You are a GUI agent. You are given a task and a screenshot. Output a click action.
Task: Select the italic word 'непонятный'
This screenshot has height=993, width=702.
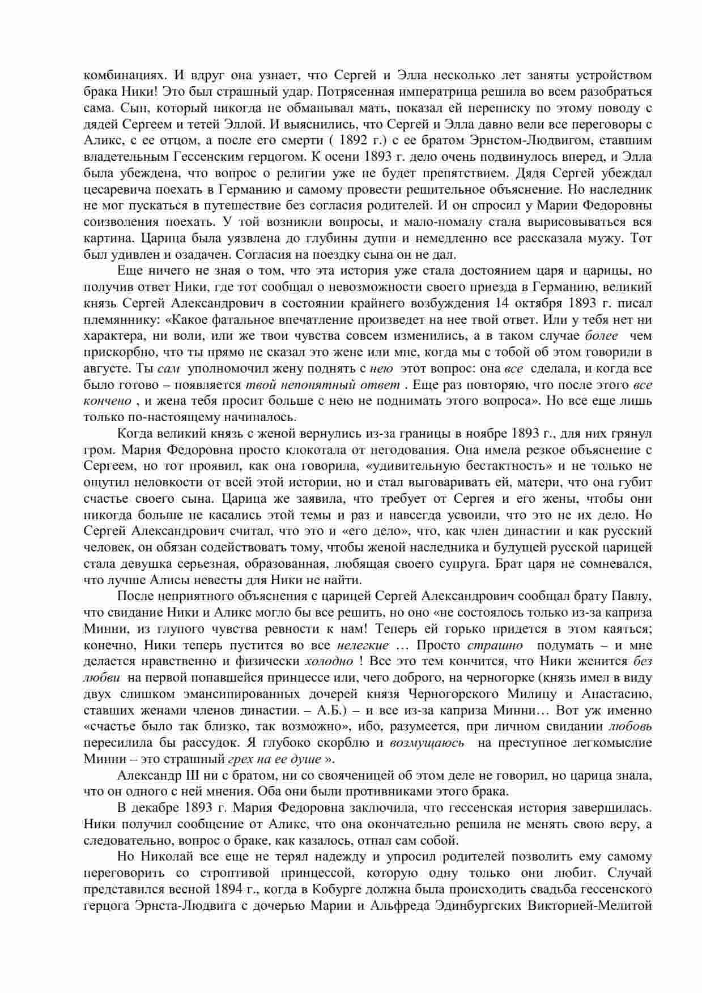321,386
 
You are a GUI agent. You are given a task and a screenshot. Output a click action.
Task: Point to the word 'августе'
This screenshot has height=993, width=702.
108,369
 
